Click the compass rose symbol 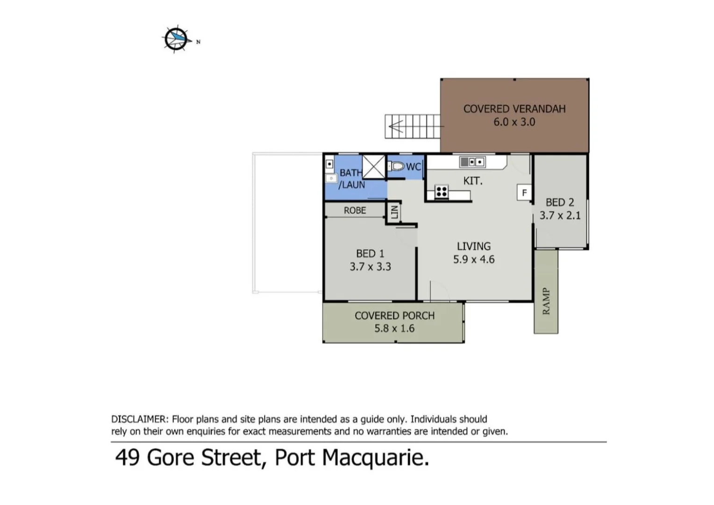click(x=177, y=39)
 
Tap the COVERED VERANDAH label click(x=514, y=109)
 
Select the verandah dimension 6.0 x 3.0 click(x=514, y=122)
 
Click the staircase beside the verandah click(x=412, y=126)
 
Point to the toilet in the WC click(x=397, y=166)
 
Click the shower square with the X click(x=374, y=167)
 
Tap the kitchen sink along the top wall click(x=472, y=162)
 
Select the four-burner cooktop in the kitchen click(x=442, y=191)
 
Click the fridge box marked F click(x=524, y=193)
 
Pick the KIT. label click(x=472, y=181)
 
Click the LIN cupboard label click(x=394, y=212)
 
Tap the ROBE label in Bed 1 click(x=355, y=210)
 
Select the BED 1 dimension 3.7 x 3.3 click(x=370, y=267)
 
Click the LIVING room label click(x=473, y=246)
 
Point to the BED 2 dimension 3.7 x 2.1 click(x=560, y=216)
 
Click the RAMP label click(x=546, y=301)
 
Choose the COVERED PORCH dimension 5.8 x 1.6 click(x=394, y=328)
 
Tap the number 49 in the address click(x=127, y=457)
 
